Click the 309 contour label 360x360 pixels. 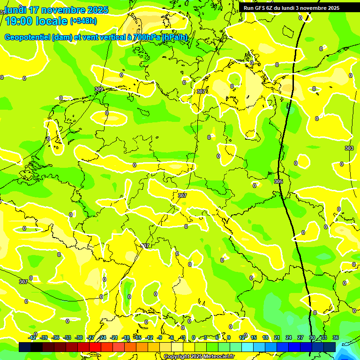[x=99, y=89]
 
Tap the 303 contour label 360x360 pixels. [x=349, y=148]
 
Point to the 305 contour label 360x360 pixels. [x=278, y=181]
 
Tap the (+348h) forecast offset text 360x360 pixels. [x=83, y=21]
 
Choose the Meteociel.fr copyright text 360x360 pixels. [x=199, y=357]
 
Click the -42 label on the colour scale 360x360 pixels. [x=32, y=337]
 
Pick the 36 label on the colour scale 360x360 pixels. [x=336, y=337]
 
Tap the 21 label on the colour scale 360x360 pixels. [x=277, y=337]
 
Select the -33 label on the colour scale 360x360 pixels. [x=67, y=337]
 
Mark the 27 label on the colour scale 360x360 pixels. [x=300, y=337]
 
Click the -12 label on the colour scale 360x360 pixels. [x=149, y=337]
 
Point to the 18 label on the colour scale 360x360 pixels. [x=265, y=337]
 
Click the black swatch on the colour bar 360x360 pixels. [x=25, y=347]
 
